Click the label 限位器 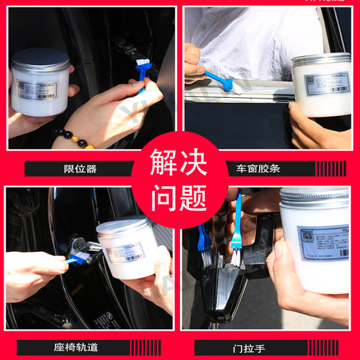tap(79, 168)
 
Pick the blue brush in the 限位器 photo tap(142, 71)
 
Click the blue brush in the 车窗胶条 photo tap(219, 81)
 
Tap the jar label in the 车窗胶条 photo tap(325, 84)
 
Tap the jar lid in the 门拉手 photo tap(314, 197)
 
